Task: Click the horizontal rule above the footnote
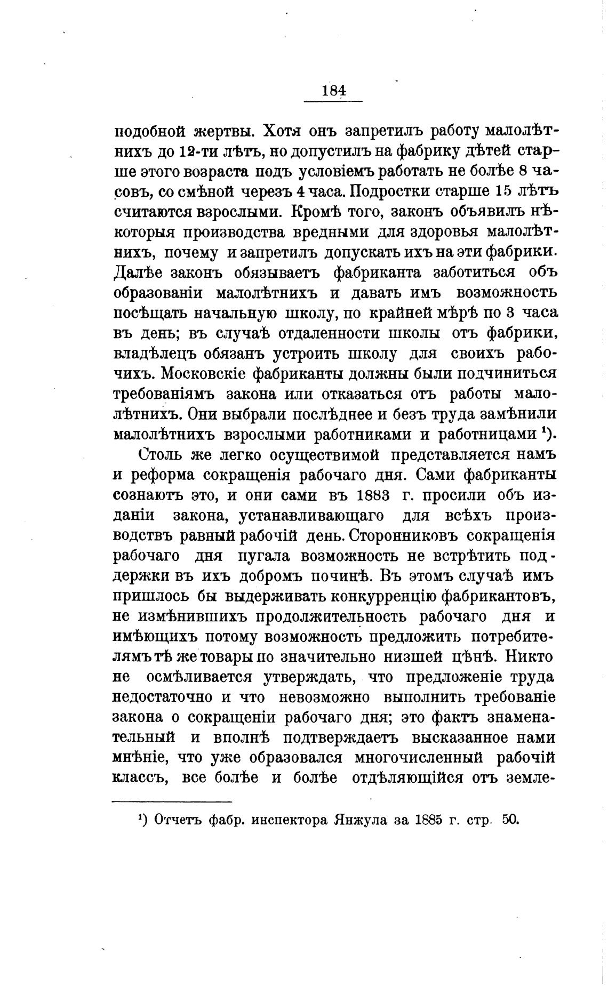click(172, 802)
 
